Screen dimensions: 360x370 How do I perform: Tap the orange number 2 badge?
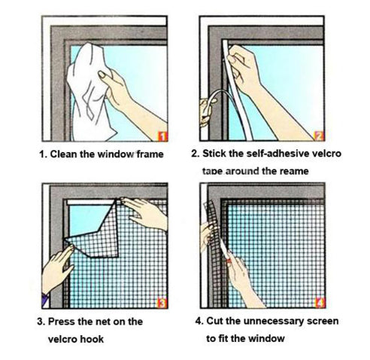coord(318,136)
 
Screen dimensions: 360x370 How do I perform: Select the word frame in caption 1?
coord(149,154)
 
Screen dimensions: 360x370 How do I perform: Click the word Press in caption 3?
coord(65,322)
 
